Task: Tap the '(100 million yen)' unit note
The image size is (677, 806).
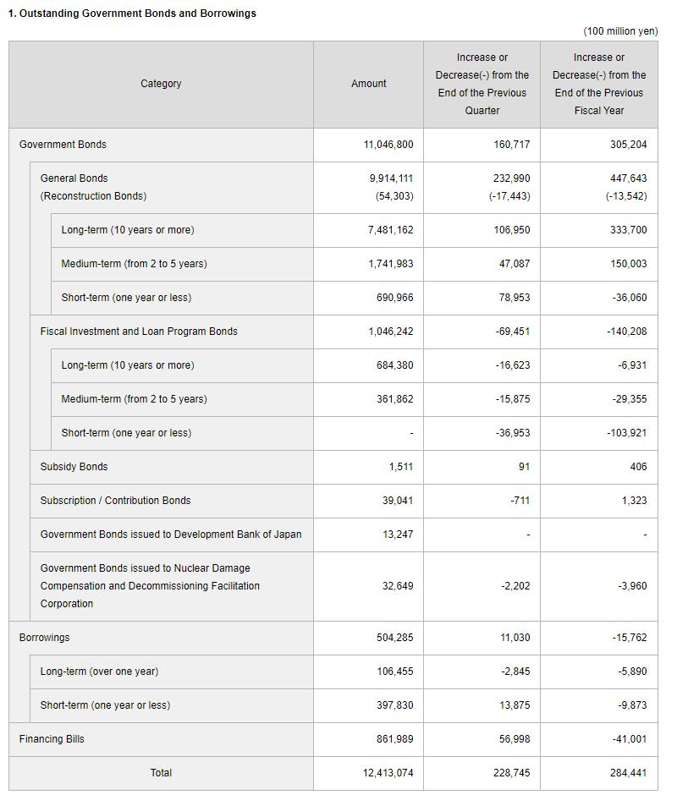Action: [619, 31]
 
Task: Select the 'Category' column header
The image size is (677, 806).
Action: [161, 84]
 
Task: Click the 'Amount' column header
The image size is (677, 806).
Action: [368, 84]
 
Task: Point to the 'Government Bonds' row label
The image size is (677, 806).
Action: [63, 145]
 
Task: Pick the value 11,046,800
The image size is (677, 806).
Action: [388, 145]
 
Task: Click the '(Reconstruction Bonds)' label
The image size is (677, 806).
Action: [93, 196]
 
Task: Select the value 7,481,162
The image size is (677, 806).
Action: [390, 230]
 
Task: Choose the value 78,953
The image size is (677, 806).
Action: [512, 298]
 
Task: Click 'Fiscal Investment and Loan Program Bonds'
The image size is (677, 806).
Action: [139, 332]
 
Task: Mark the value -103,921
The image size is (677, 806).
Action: [626, 433]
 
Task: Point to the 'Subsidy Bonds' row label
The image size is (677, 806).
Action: [74, 467]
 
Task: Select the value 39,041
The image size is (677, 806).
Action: [397, 501]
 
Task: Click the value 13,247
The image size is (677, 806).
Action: [397, 535]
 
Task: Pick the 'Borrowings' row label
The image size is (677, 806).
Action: [44, 638]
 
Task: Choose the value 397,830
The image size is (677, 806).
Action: [394, 705]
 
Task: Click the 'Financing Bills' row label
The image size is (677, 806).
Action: [52, 739]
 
